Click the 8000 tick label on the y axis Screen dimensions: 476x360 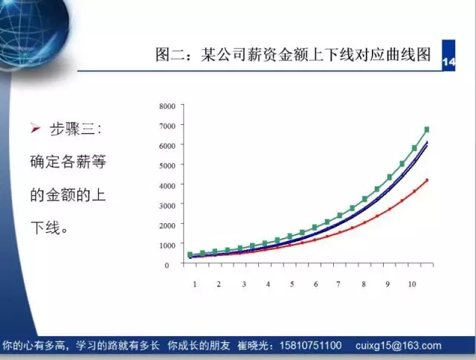point(167,106)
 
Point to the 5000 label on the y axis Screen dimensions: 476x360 point(167,166)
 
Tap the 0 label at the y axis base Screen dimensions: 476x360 point(167,266)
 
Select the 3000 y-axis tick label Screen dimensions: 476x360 point(167,206)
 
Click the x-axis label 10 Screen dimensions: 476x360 point(411,284)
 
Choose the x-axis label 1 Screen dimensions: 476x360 point(195,284)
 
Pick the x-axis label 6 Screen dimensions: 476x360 point(315,284)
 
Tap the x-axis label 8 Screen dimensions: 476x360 point(364,284)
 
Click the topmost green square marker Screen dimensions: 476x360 point(426,129)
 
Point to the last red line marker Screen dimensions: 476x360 point(427,180)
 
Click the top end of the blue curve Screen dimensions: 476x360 point(427,142)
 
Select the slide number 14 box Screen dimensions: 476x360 point(448,55)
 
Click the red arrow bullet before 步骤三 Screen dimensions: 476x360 point(35,129)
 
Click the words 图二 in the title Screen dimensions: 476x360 point(170,54)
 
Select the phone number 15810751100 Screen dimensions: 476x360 point(310,345)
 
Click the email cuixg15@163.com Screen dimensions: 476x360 point(399,345)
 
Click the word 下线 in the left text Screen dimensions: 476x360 point(45,228)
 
